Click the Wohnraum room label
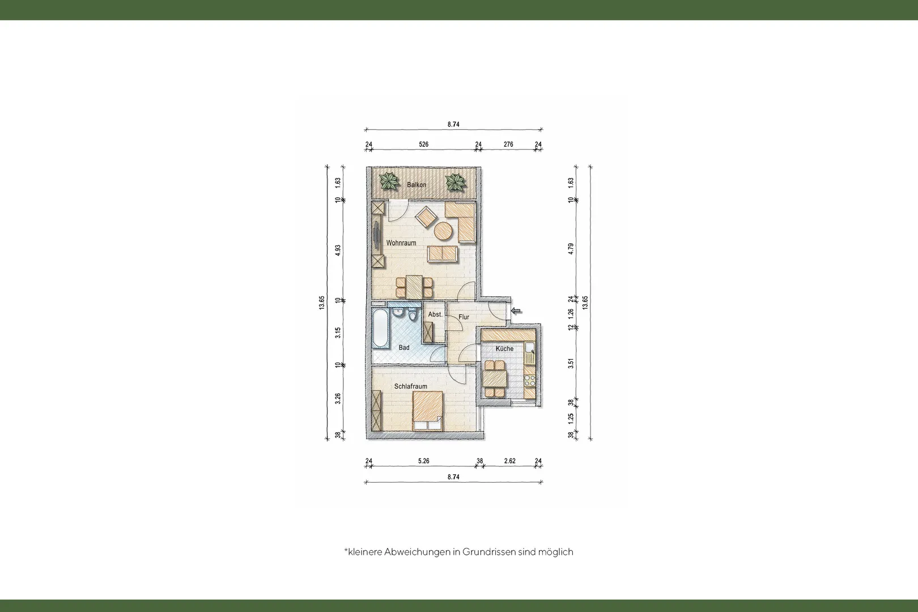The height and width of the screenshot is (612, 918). [x=401, y=243]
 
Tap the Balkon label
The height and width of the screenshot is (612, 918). [x=416, y=185]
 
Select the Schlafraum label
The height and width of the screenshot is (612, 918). [x=411, y=386]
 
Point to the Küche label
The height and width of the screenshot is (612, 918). [x=504, y=348]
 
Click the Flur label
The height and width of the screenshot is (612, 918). [x=464, y=317]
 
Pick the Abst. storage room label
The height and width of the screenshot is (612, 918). [x=435, y=314]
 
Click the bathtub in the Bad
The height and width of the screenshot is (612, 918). [x=379, y=328]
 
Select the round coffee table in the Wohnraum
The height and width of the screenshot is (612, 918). [x=443, y=231]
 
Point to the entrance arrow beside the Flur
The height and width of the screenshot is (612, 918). [x=516, y=311]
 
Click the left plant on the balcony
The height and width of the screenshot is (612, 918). [x=389, y=181]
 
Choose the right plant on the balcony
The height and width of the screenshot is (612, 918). [x=456, y=182]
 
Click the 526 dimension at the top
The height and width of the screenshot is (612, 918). [x=424, y=144]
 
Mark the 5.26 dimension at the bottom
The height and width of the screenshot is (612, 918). [x=424, y=461]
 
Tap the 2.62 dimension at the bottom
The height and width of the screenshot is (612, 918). [x=510, y=461]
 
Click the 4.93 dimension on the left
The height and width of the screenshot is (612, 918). [x=338, y=250]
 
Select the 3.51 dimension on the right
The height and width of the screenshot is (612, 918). [x=571, y=364]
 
